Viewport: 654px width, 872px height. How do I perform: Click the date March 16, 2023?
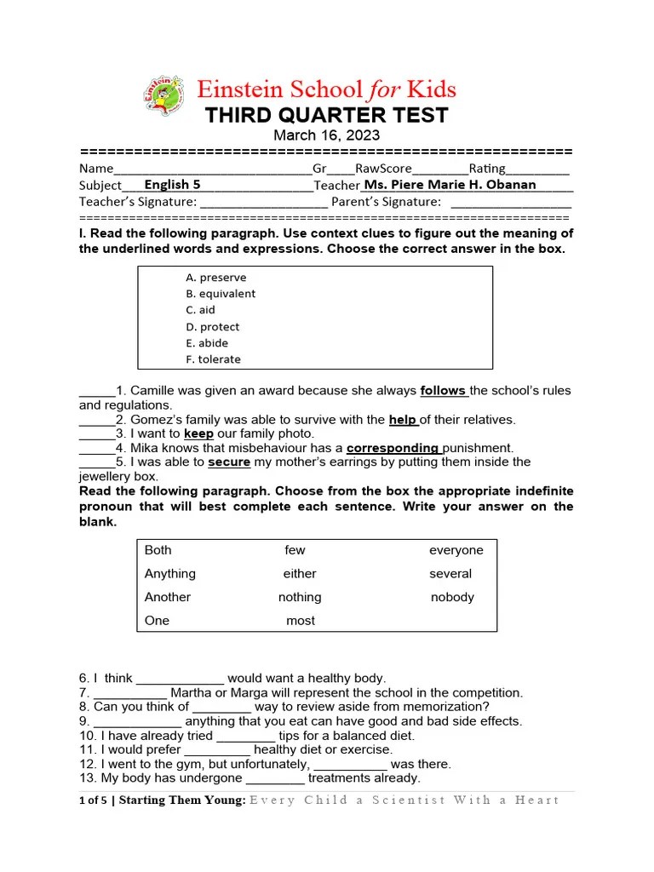326,135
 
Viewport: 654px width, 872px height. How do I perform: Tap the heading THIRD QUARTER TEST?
326,116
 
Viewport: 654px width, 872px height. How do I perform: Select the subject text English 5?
173,185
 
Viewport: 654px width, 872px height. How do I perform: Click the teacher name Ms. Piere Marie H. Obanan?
450,185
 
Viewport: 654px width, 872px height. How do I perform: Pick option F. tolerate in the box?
213,359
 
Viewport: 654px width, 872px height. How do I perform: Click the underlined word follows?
443,391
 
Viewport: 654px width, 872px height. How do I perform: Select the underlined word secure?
229,462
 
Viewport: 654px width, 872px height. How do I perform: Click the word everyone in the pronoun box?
456,550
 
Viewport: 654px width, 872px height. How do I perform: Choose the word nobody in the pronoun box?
452,597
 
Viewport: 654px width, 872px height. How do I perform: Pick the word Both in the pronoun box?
158,550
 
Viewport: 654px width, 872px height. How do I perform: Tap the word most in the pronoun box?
301,621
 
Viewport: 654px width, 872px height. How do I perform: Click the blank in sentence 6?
180,680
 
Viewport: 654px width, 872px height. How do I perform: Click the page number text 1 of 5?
93,800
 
